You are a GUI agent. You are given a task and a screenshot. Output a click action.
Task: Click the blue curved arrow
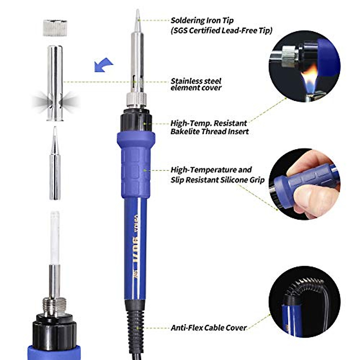coord(103,64)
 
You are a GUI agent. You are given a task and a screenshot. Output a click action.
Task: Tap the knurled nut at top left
coord(55,28)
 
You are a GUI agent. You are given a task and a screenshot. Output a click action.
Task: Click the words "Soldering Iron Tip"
coord(202,20)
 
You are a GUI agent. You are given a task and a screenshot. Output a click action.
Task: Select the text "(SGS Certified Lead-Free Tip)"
coord(221,30)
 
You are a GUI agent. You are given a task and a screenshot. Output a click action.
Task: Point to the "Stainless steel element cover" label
coord(196,84)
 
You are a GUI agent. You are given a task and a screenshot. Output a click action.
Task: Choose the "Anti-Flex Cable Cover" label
coord(208,328)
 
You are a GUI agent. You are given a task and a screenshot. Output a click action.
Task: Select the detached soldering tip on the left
coord(55,165)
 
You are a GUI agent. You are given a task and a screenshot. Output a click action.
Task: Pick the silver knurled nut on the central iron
coord(136,99)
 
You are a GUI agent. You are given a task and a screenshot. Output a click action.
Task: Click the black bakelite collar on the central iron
coord(136,120)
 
